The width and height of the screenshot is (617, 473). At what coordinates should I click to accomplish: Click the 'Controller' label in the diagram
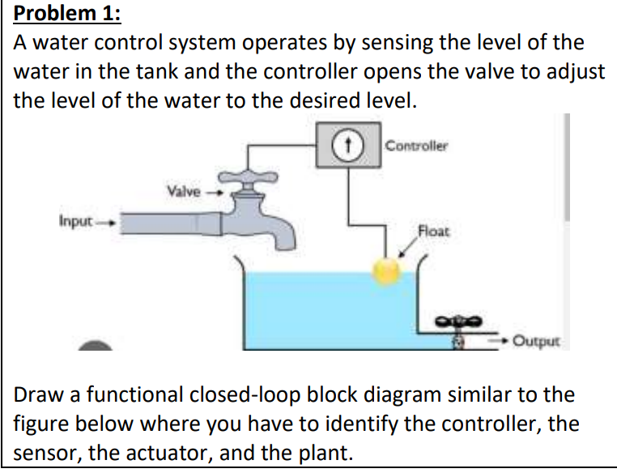point(416,146)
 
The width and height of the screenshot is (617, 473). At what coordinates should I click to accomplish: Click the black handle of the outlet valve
point(459,322)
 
